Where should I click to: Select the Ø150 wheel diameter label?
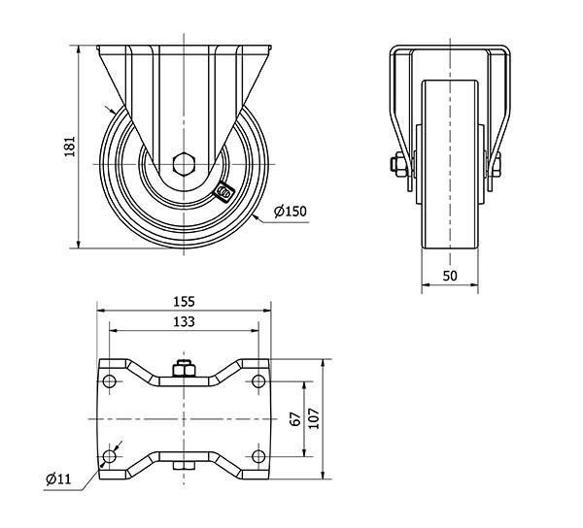(291, 212)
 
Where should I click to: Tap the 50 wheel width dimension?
(450, 277)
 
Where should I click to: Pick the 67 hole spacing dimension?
(294, 418)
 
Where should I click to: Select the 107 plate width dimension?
(314, 417)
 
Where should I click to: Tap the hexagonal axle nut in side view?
(183, 162)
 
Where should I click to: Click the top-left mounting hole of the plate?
(109, 379)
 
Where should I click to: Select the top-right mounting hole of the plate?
(258, 379)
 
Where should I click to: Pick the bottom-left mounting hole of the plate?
(109, 456)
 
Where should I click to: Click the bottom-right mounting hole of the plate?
(258, 456)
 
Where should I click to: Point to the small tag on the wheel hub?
(223, 192)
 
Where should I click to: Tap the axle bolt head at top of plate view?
(183, 368)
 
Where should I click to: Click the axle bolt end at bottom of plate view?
(183, 472)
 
